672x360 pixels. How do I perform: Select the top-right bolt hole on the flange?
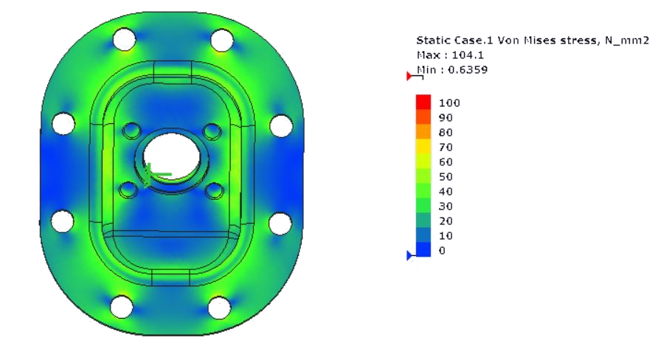click(x=221, y=38)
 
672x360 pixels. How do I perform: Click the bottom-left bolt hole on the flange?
click(x=121, y=305)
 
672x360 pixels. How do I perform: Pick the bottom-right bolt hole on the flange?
click(x=220, y=306)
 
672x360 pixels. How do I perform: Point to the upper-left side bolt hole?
click(x=63, y=122)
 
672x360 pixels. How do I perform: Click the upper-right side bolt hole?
click(x=280, y=125)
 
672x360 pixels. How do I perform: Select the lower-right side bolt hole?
click(x=280, y=222)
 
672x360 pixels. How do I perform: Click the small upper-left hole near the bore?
click(x=132, y=131)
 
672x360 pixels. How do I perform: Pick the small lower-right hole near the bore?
click(x=214, y=191)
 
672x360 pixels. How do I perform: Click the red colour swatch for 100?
click(x=423, y=102)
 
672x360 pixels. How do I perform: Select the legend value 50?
click(x=446, y=176)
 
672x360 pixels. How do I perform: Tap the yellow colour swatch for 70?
click(x=423, y=146)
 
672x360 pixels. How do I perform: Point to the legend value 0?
click(x=442, y=251)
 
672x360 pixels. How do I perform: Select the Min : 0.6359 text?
click(x=452, y=69)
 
